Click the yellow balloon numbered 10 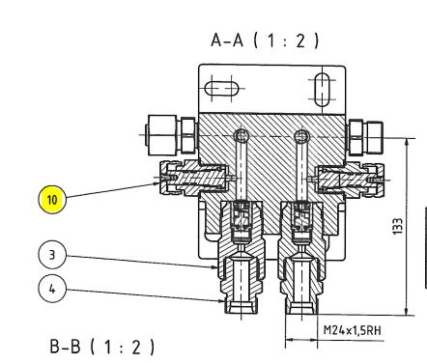(52, 200)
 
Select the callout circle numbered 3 (52, 255)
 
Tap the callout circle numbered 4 (52, 289)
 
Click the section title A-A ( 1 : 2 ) (265, 41)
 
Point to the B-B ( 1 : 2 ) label (102, 347)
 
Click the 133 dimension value (398, 226)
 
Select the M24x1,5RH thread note (353, 330)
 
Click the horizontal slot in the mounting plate (221, 88)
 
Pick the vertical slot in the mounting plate (322, 90)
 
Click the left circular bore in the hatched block (242, 135)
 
